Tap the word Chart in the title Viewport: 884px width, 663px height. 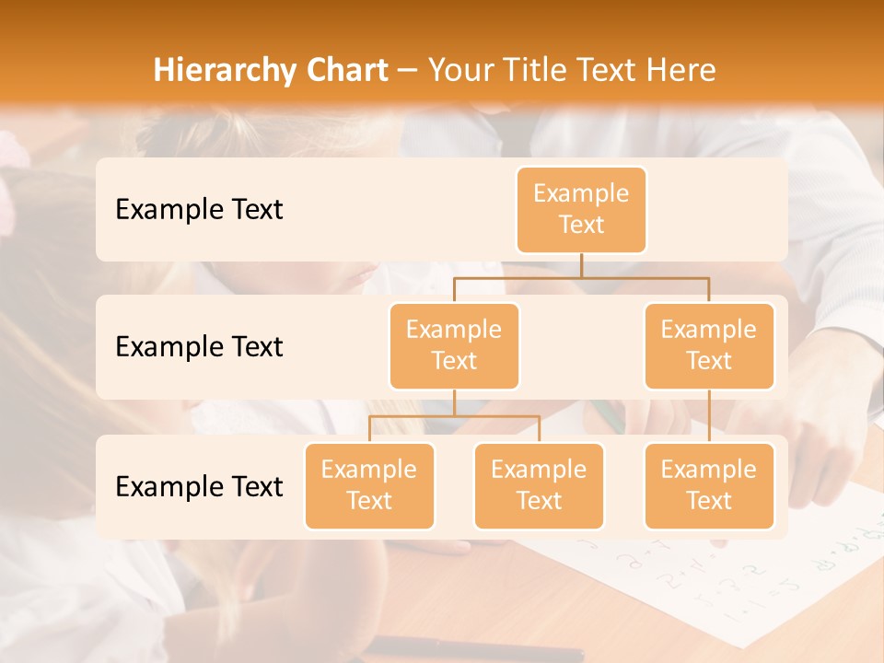(x=342, y=71)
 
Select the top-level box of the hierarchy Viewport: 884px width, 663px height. (x=581, y=209)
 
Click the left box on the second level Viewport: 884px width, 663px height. (x=454, y=345)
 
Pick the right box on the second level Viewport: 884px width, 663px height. (x=709, y=345)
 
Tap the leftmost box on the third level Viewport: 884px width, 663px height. (x=369, y=485)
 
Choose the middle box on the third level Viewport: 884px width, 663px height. (x=539, y=485)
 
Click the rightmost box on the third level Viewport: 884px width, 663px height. (x=709, y=485)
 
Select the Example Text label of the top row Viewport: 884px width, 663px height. (x=199, y=209)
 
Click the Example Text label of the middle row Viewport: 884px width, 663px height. (x=199, y=346)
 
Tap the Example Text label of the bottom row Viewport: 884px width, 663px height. (x=199, y=486)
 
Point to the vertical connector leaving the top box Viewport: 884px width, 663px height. (x=581, y=265)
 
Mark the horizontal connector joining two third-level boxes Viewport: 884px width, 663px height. (x=454, y=416)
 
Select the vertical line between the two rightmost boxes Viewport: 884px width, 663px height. (x=709, y=416)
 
